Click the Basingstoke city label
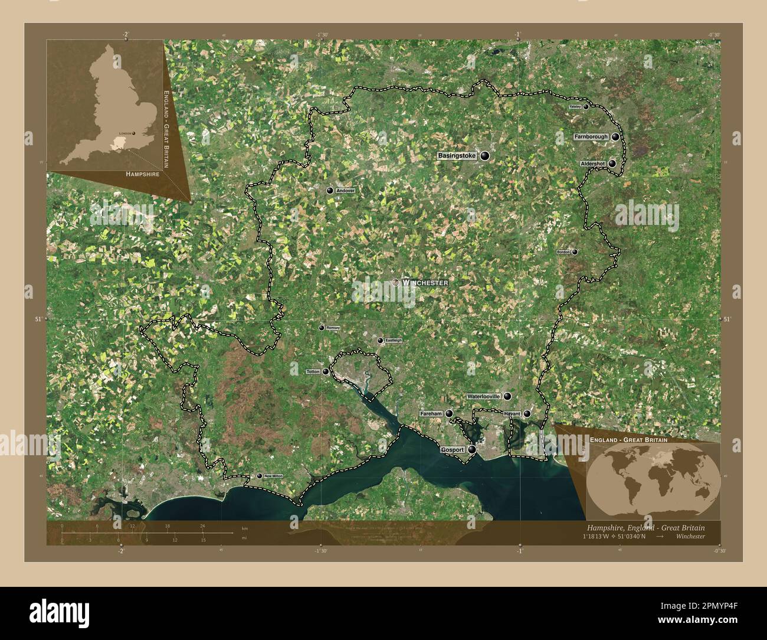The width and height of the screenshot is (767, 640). (456, 156)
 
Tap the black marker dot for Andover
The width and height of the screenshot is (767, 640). (330, 191)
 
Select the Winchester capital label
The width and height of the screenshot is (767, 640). (425, 283)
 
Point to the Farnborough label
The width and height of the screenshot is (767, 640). (591, 137)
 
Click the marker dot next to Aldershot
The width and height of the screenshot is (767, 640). (612, 164)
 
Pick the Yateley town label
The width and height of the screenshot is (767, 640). (575, 107)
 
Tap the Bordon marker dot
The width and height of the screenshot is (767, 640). (575, 252)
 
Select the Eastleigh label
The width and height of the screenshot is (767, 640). (393, 341)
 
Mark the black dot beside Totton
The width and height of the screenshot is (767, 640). (325, 372)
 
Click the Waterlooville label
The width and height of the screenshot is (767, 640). (483, 396)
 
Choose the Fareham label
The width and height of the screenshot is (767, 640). (431, 414)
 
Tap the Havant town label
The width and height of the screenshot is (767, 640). (512, 414)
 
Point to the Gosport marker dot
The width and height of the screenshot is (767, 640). (472, 450)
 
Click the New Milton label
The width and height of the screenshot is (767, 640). (273, 476)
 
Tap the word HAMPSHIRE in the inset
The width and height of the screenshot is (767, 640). (142, 175)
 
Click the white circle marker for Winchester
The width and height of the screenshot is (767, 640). (396, 283)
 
